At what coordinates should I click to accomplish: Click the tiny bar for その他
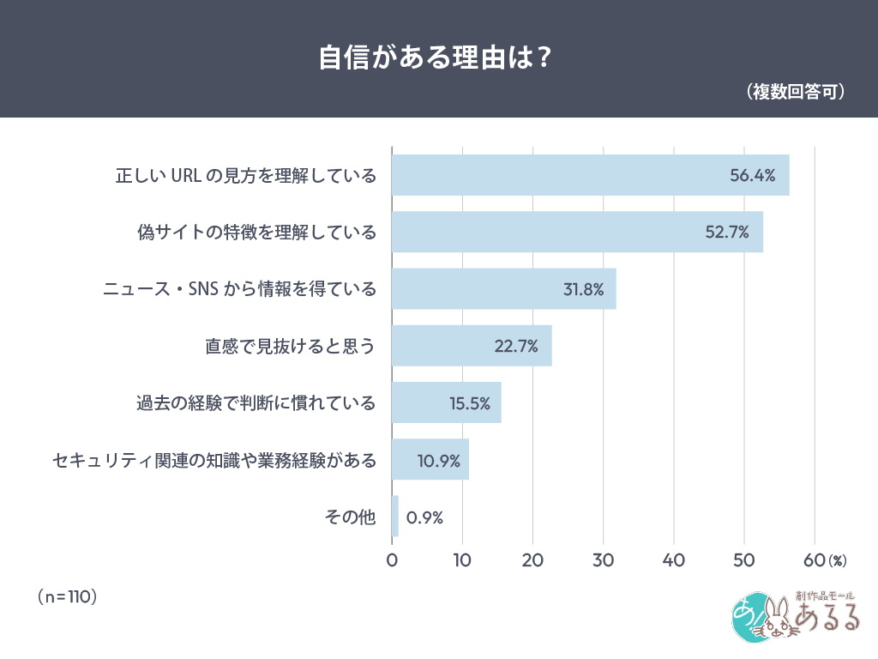(395, 517)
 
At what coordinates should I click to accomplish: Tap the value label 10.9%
(438, 460)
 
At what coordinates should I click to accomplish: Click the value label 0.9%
(424, 517)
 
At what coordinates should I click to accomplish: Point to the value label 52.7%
(727, 232)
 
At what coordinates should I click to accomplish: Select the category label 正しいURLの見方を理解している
(246, 176)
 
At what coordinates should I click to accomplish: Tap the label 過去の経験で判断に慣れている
(256, 402)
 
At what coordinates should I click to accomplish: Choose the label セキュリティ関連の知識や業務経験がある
(213, 460)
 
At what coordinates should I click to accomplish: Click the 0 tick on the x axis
(393, 560)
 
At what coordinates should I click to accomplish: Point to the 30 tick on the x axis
(604, 560)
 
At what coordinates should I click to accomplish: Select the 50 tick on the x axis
(744, 560)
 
